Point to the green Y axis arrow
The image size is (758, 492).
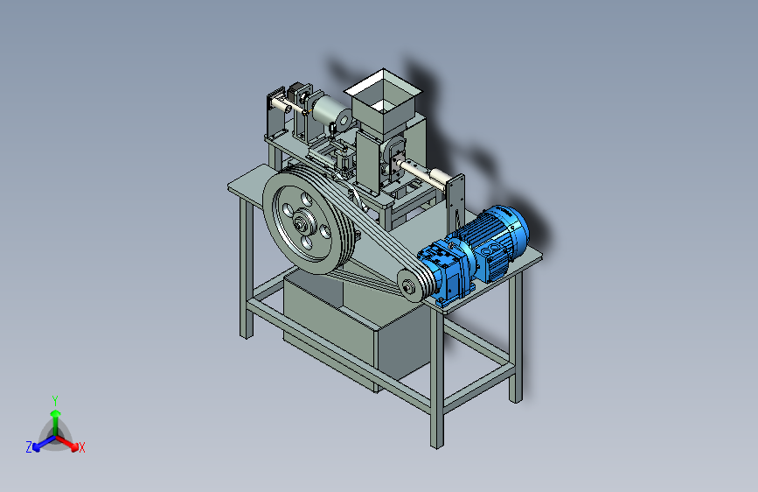coord(55,422)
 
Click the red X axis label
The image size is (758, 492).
coord(81,447)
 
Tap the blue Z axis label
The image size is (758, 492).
coord(29,447)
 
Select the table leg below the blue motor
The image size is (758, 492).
coord(515,339)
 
